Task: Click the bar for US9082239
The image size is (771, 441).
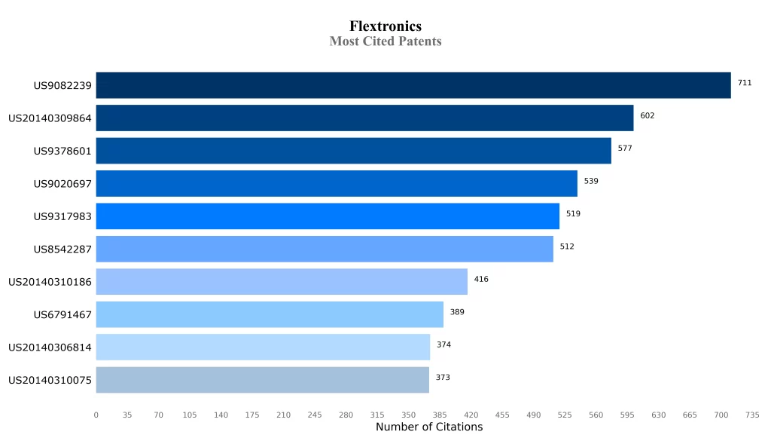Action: pyautogui.click(x=413, y=85)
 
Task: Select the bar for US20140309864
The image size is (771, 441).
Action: pyautogui.click(x=364, y=118)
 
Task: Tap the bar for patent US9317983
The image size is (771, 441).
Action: pyautogui.click(x=328, y=216)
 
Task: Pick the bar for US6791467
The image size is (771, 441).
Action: pyautogui.click(x=270, y=314)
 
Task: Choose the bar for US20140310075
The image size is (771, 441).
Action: pyautogui.click(x=262, y=380)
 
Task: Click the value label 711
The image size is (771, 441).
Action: pyautogui.click(x=744, y=83)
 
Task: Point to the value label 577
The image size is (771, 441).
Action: pyautogui.click(x=625, y=149)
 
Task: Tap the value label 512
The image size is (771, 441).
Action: pyautogui.click(x=567, y=247)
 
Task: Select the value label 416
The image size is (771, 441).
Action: pyautogui.click(x=481, y=280)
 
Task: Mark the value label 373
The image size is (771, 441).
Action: pyautogui.click(x=443, y=378)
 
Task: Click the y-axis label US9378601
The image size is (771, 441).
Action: pyautogui.click(x=62, y=151)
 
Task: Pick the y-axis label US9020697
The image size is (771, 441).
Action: pyautogui.click(x=62, y=183)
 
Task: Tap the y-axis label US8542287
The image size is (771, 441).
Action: pyautogui.click(x=62, y=249)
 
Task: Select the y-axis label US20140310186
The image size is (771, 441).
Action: pyautogui.click(x=50, y=282)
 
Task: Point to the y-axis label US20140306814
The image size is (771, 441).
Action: pyautogui.click(x=50, y=348)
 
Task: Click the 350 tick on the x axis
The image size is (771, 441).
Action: pyautogui.click(x=409, y=415)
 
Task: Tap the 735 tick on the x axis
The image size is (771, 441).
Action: pyautogui.click(x=752, y=415)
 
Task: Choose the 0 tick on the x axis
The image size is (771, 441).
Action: pyautogui.click(x=96, y=415)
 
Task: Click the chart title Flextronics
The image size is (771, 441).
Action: pyautogui.click(x=385, y=26)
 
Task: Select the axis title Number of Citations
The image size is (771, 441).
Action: pyautogui.click(x=429, y=427)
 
